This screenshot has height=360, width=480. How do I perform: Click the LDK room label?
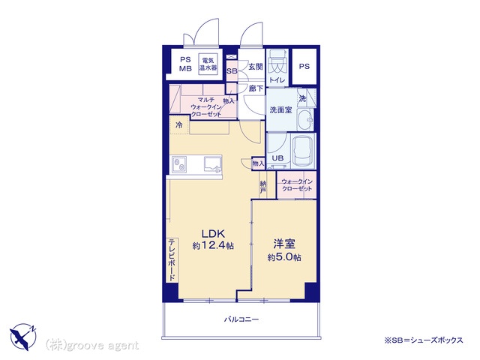213,234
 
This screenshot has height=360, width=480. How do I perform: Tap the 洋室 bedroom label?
284,244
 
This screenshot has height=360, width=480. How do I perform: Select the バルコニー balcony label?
241,319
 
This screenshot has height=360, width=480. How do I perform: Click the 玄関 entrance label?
256,67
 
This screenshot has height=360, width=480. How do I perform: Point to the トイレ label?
277,80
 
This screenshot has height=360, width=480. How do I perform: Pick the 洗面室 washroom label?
280,110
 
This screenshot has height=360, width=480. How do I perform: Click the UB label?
277,158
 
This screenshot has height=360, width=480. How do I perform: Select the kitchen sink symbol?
213,164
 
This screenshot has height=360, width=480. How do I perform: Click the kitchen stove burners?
178,164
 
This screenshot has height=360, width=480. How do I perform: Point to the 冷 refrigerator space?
179,125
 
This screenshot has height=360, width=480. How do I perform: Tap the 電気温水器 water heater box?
208,64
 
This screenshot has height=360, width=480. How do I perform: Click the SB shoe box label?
232,71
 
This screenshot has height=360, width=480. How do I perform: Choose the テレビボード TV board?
172,260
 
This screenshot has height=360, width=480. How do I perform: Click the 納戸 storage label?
263,187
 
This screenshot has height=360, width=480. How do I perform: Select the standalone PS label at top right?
304,66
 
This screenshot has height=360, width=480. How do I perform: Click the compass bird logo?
23,336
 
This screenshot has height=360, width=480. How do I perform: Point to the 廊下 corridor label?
256,88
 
